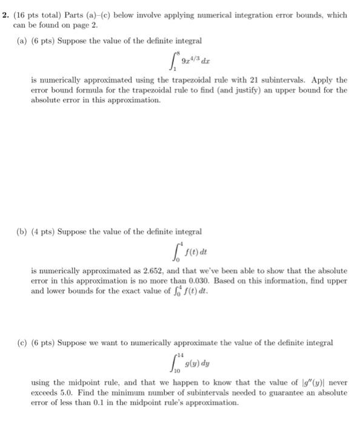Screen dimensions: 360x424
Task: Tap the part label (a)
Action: pyautogui.click(x=21, y=41)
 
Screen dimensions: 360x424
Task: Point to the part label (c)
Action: pyautogui.click(x=21, y=343)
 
